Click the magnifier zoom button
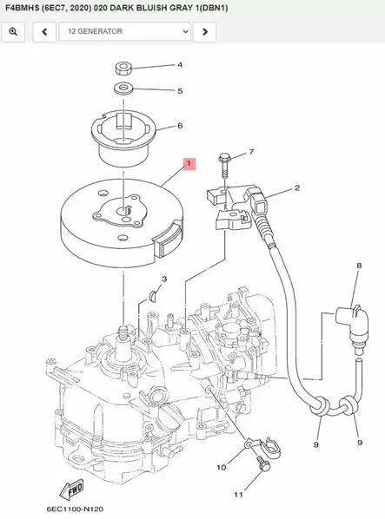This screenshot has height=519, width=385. (x=14, y=32)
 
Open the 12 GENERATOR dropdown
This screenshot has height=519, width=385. (x=124, y=32)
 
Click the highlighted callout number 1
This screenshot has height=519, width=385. (x=190, y=162)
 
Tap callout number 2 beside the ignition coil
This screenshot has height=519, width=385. (x=296, y=187)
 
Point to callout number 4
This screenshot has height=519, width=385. (x=180, y=65)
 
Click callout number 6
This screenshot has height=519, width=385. (x=180, y=126)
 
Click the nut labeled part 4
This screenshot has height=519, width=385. (x=123, y=68)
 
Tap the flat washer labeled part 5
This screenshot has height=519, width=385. (x=123, y=89)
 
